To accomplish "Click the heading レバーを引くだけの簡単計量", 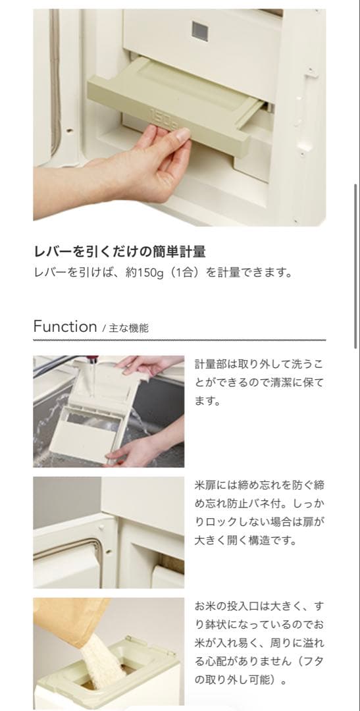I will pyautogui.click(x=119, y=251).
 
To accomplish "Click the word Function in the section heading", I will pyautogui.click(x=64, y=327).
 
